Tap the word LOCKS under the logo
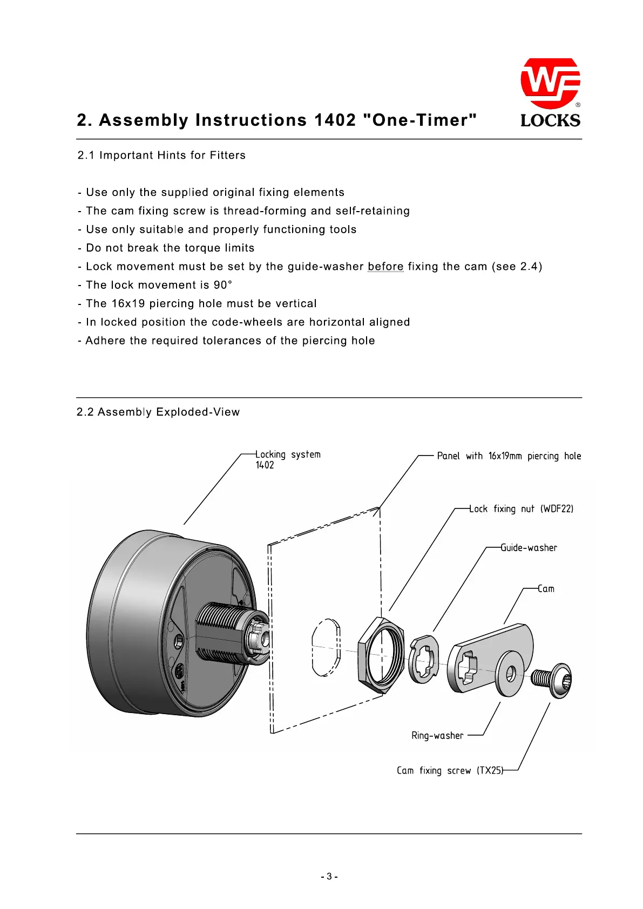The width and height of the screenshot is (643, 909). pyautogui.click(x=550, y=120)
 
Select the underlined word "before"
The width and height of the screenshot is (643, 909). pyautogui.click(x=385, y=267)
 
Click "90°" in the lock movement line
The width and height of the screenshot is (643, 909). pyautogui.click(x=222, y=285)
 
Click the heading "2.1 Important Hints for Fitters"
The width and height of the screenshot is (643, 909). pyautogui.click(x=161, y=155)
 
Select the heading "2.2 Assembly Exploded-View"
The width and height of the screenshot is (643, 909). pyautogui.click(x=158, y=412)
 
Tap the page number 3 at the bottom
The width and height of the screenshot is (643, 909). pyautogui.click(x=329, y=877)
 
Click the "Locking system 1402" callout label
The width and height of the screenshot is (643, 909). pyautogui.click(x=288, y=460)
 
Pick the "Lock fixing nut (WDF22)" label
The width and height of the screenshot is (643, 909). pyautogui.click(x=521, y=509)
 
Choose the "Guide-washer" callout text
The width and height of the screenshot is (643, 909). pyautogui.click(x=529, y=548)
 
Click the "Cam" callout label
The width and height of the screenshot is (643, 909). pyautogui.click(x=546, y=589)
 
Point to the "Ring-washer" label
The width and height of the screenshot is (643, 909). pyautogui.click(x=437, y=736)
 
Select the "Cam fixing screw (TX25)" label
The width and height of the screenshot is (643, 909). pyautogui.click(x=450, y=771)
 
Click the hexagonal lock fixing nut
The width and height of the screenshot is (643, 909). pyautogui.click(x=380, y=654)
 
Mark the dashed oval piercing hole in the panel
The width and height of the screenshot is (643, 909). pyautogui.click(x=326, y=646)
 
